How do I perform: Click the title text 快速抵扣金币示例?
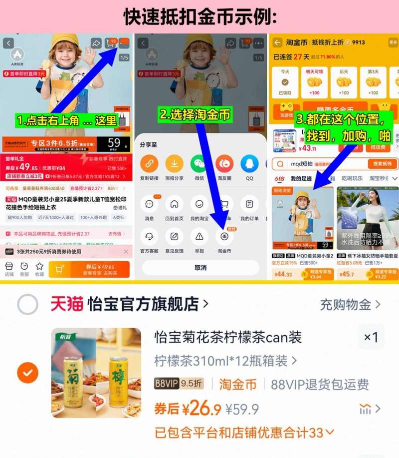(199, 16)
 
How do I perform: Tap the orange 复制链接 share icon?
(149, 163)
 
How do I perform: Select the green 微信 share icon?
(199, 163)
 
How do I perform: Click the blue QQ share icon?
(249, 163)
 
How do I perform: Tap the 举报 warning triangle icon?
(199, 235)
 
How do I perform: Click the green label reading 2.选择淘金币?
(196, 115)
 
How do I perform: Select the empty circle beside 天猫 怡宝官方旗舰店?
(27, 304)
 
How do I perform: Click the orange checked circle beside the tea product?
(27, 373)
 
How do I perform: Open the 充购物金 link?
(350, 304)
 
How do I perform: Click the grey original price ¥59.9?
(242, 410)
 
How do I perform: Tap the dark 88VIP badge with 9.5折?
(179, 384)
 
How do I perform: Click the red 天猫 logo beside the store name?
(66, 304)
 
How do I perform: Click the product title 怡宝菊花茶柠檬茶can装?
(228, 337)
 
